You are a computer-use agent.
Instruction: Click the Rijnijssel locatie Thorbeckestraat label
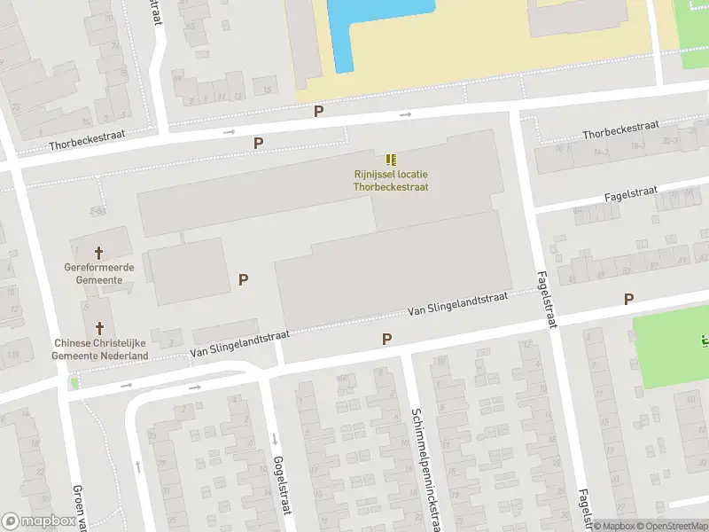point(391,180)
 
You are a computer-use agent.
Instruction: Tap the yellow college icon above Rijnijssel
point(391,160)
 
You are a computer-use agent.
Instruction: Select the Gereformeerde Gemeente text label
point(99,273)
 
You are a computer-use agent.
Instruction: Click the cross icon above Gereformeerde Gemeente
point(99,252)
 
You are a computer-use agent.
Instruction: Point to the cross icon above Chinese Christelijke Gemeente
point(99,327)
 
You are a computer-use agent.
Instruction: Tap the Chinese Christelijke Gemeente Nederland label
point(100,349)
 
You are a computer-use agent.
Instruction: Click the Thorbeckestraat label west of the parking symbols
point(87,140)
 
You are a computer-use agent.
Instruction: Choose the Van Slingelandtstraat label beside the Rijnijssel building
point(457,303)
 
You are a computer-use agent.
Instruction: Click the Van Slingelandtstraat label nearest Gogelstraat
point(240,345)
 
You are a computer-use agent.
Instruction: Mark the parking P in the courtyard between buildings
point(243,279)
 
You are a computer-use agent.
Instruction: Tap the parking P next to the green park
point(628,300)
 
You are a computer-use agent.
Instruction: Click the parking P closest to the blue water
point(319,111)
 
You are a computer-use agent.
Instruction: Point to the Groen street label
point(82,508)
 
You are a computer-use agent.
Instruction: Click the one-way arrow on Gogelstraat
point(274,439)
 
